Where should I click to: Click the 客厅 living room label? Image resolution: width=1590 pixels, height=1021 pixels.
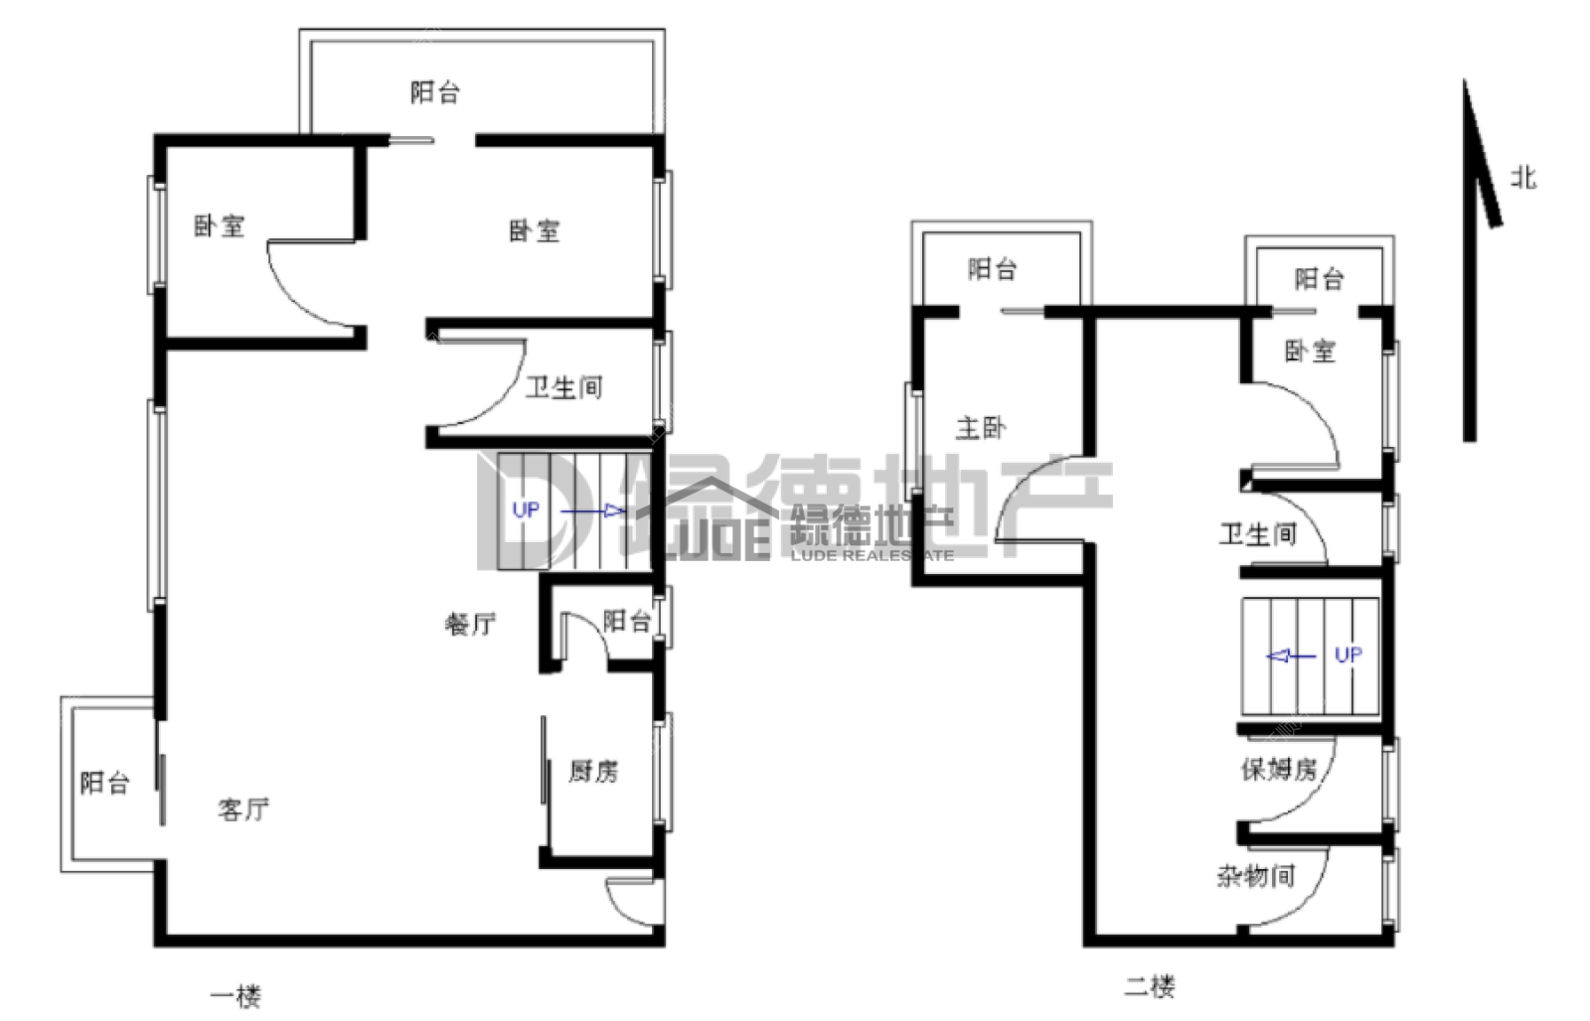click(x=243, y=808)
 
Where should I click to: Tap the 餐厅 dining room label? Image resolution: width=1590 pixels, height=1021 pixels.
click(x=471, y=624)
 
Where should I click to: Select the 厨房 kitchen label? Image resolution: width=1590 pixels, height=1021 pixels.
click(x=593, y=772)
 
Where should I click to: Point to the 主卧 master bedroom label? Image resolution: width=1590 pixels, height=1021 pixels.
click(x=981, y=428)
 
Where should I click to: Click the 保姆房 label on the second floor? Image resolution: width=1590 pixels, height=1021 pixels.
click(x=1279, y=769)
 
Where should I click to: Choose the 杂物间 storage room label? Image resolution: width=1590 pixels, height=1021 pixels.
click(x=1256, y=876)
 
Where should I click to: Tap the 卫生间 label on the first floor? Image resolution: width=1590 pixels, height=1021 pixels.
click(x=564, y=387)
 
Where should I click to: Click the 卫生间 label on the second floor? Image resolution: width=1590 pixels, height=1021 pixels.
click(x=1258, y=534)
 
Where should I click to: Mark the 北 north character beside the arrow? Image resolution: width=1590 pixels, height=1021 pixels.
click(x=1523, y=178)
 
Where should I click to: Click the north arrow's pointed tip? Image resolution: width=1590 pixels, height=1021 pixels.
click(x=1464, y=78)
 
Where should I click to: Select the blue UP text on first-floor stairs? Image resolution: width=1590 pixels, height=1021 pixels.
click(x=526, y=510)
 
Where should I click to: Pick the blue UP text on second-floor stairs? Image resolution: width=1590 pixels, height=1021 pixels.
click(x=1349, y=655)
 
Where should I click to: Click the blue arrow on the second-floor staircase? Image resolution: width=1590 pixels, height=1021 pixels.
click(x=1291, y=656)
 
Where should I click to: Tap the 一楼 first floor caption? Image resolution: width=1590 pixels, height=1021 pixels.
click(x=236, y=996)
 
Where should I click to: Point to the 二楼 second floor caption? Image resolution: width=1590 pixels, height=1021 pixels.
click(x=1150, y=986)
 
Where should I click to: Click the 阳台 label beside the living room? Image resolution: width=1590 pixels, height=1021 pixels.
click(x=105, y=783)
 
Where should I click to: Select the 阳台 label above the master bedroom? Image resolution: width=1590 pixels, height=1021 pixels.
click(x=993, y=269)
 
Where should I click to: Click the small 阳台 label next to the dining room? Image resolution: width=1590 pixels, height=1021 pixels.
click(x=627, y=622)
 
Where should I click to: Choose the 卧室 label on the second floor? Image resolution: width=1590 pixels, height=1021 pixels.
click(x=1311, y=352)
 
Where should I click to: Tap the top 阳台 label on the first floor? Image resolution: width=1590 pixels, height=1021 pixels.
click(x=435, y=92)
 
